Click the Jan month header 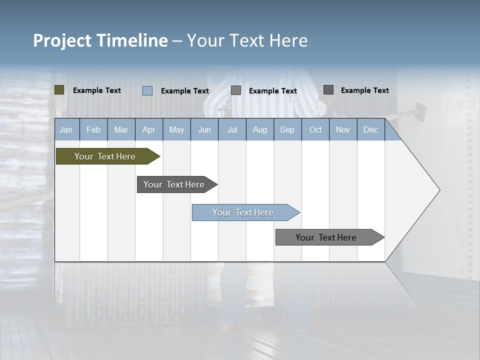(66, 129)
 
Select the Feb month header (93, 129)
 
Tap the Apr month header (148, 129)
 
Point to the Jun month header (204, 129)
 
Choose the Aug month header (259, 129)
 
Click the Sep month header (287, 129)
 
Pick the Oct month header (315, 129)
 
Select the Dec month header (370, 129)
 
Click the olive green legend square (59, 90)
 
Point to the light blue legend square (147, 90)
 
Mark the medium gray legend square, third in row (236, 90)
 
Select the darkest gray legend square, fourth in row (328, 90)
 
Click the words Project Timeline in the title (100, 40)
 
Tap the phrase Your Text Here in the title (247, 40)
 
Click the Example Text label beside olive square (97, 90)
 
